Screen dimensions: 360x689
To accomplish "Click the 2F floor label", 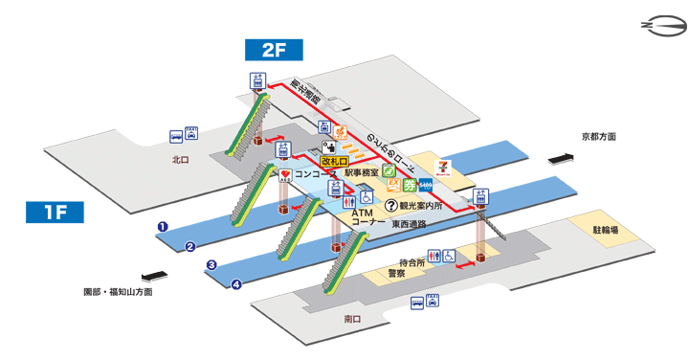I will click(274, 49).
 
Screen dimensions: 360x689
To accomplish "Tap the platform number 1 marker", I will click(164, 227).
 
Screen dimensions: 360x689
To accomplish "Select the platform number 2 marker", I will click(190, 246).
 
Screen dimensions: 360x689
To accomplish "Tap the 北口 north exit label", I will click(181, 161).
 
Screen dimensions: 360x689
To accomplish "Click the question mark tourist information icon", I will click(390, 205).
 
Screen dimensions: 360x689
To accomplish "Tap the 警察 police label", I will click(396, 273).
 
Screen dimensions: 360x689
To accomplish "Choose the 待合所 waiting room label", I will click(411, 261).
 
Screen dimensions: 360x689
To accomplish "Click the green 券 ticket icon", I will click(411, 184).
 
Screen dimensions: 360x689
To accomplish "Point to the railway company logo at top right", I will click(658, 25).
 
